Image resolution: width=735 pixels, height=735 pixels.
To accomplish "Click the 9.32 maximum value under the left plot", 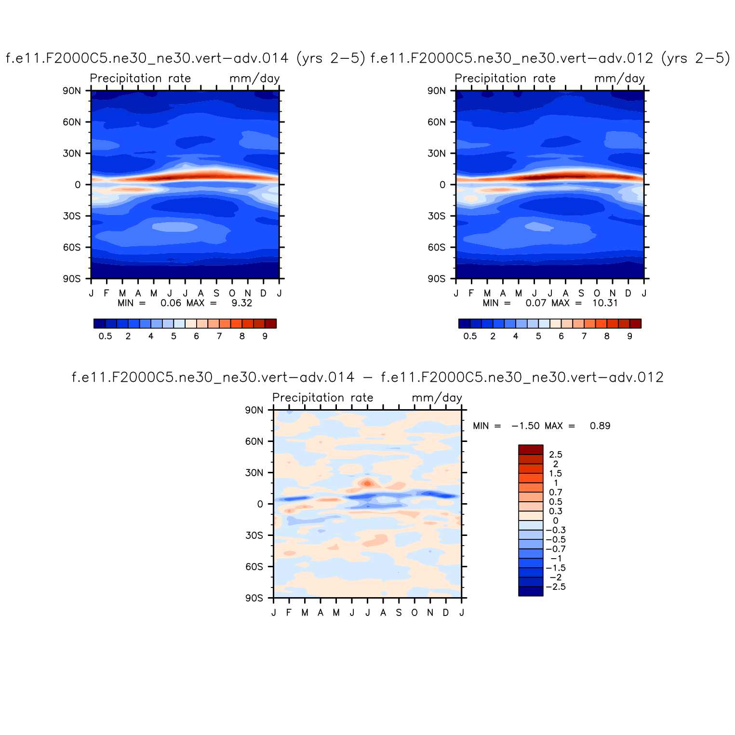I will point(242,303).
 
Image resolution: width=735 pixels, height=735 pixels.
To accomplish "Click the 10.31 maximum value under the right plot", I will point(605,303).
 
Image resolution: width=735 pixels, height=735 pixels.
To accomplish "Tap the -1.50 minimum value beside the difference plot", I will point(525,426).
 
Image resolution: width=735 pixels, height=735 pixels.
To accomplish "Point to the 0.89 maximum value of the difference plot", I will point(600,426).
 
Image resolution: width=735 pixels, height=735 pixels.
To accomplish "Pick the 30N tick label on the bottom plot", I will point(254,473).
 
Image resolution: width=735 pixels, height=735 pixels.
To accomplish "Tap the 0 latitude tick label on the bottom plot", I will point(260,504).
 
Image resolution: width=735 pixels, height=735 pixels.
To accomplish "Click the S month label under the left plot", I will point(216,293).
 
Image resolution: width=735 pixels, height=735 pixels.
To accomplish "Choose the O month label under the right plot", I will point(597,293).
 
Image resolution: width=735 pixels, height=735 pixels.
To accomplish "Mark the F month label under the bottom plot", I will point(289,613).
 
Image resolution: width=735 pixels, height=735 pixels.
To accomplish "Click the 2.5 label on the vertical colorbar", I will point(556,454).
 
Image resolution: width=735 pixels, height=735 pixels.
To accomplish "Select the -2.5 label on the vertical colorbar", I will point(556,587).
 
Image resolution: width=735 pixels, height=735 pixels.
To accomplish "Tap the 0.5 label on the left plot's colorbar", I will point(105,336).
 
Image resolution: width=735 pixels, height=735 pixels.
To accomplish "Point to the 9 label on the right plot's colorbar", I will point(629,336).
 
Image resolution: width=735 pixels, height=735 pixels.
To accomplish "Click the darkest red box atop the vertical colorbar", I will point(531,450).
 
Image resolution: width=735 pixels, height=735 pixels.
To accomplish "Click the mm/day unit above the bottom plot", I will point(437,398).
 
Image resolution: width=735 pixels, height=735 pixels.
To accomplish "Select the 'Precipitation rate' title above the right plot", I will point(505,79).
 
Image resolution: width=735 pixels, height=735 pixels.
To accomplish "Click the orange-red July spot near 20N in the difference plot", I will point(368,483).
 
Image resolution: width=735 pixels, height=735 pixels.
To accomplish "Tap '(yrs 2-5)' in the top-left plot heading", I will point(330,59).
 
